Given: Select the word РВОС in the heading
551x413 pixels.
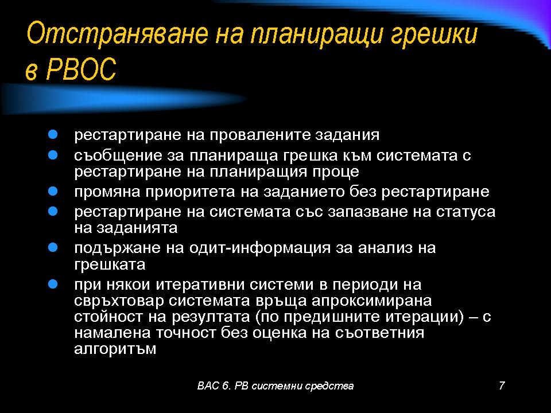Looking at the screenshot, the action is (81, 69).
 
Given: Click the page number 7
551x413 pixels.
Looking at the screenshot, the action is (502, 385).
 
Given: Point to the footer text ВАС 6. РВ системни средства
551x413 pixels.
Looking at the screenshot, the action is (275, 386).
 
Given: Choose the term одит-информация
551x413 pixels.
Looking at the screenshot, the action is (260, 248).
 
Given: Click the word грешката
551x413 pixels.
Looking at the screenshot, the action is (110, 265).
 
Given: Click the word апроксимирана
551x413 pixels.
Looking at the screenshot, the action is (371, 301).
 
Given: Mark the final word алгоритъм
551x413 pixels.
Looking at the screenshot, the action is (115, 349).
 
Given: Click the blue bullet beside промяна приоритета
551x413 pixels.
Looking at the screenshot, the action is (53, 191).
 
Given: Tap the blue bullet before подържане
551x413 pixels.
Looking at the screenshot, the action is (53, 248).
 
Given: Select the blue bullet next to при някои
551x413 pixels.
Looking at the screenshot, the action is (53, 284).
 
